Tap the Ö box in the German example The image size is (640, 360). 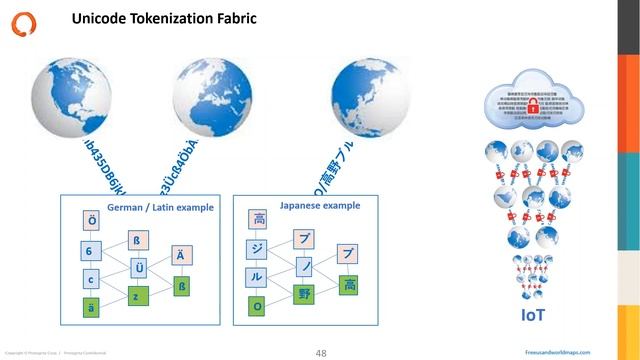tap(92, 219)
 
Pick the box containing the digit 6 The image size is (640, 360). tap(92, 250)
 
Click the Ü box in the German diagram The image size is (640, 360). tap(139, 267)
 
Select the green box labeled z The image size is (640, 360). tap(139, 296)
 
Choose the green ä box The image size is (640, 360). tap(92, 308)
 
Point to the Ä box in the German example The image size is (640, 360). tap(181, 255)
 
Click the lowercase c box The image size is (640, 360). tap(92, 279)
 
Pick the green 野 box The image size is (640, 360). tap(303, 294)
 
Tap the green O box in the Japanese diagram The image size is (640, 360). tap(258, 307)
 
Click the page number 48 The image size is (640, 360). tap(321, 352)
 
